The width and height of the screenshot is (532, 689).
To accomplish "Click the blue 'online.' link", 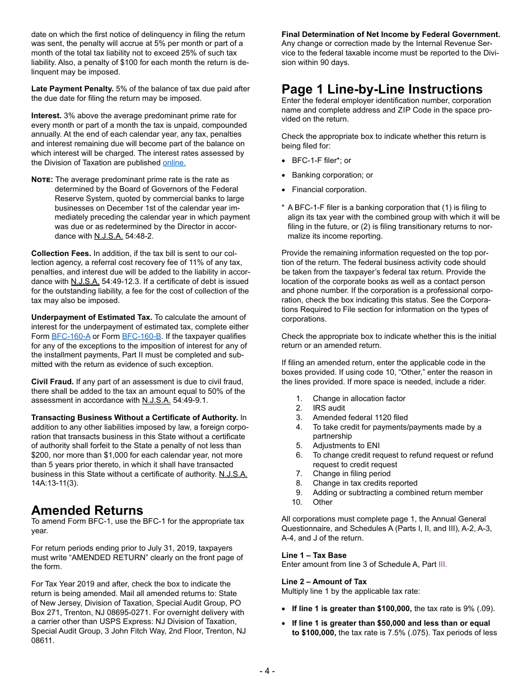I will coord(174,163).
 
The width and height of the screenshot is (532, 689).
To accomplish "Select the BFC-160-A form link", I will coord(71,337).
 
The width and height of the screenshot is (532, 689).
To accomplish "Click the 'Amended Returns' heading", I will coord(87,510).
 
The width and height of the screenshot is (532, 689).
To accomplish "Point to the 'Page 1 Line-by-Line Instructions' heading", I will coord(381,90).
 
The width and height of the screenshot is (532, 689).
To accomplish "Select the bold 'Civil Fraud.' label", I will coord(52,381).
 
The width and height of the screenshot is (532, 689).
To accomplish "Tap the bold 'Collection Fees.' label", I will coord(61,253).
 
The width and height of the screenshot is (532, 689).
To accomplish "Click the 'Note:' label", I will coord(42,180).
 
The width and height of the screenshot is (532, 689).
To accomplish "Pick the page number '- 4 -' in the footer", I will coord(267,671).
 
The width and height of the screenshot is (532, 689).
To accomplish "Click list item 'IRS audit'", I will coord(329,408).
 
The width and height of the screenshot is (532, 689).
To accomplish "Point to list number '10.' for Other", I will coord(297,502).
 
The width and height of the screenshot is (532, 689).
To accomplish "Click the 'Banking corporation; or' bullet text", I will coord(332,175).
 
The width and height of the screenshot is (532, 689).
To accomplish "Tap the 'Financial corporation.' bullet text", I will coord(329,189).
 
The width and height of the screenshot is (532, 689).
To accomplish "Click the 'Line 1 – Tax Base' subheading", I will coord(314,555).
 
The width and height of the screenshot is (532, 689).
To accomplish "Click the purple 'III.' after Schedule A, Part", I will coord(442,564).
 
